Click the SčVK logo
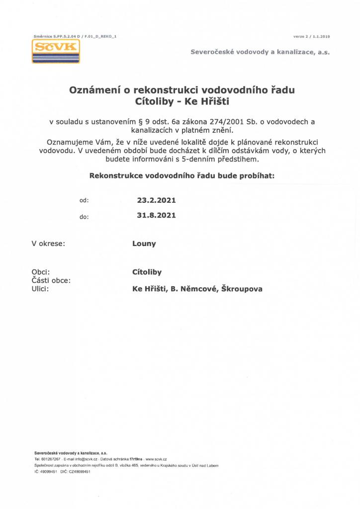pos(56,51)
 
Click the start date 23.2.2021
pos(156,200)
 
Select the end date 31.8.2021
pos(156,216)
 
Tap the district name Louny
pos(144,244)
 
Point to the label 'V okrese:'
pos(48,244)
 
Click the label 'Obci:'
pos(40,272)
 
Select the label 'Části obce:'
pos(51,280)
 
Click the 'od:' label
pos(84,201)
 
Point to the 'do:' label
pos(84,217)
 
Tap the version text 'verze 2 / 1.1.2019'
pos(312,36)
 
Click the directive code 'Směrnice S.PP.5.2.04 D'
pos(56,36)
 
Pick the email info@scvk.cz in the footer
pos(81,459)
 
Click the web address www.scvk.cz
pos(156,459)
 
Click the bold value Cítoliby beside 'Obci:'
pos(147,272)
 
